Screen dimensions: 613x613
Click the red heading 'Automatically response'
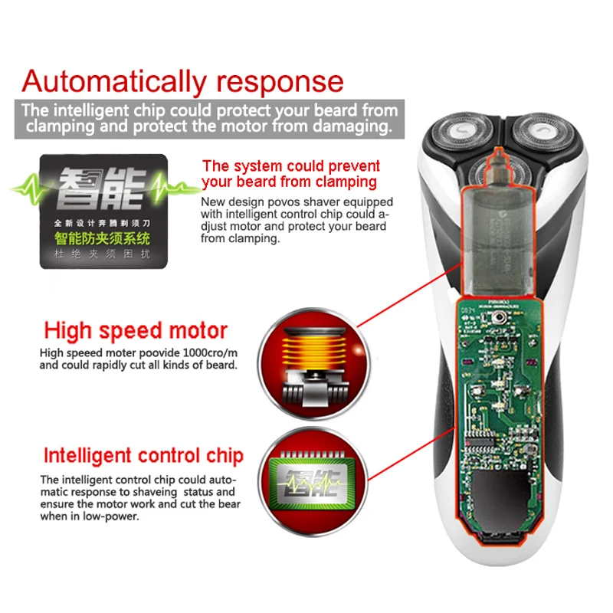click(183, 80)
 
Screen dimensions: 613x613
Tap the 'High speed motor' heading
click(136, 331)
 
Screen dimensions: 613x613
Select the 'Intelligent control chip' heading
click(143, 455)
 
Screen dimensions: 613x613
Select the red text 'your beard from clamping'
click(289, 182)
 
